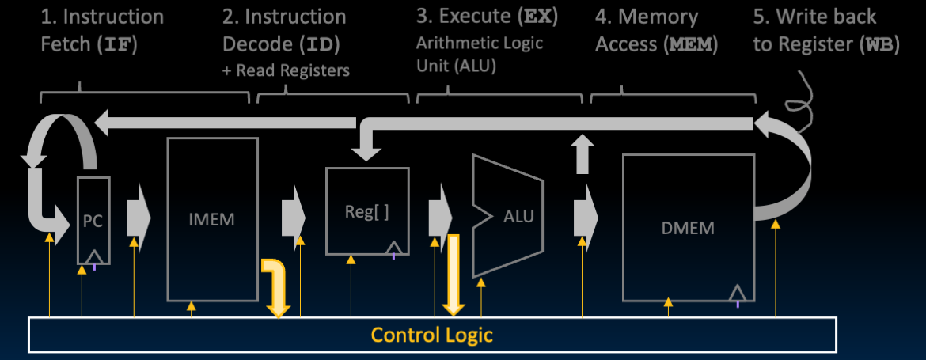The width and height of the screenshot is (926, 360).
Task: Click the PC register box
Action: pos(93,221)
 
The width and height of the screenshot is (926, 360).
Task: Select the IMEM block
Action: pos(212,219)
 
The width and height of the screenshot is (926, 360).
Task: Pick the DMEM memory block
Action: pos(687,228)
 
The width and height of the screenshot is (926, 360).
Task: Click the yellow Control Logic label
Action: pos(432,335)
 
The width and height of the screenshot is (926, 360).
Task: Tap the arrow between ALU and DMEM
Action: pos(585,214)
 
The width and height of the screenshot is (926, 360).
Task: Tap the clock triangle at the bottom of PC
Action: pos(94,256)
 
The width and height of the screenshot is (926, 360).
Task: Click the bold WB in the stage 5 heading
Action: pos(878,45)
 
